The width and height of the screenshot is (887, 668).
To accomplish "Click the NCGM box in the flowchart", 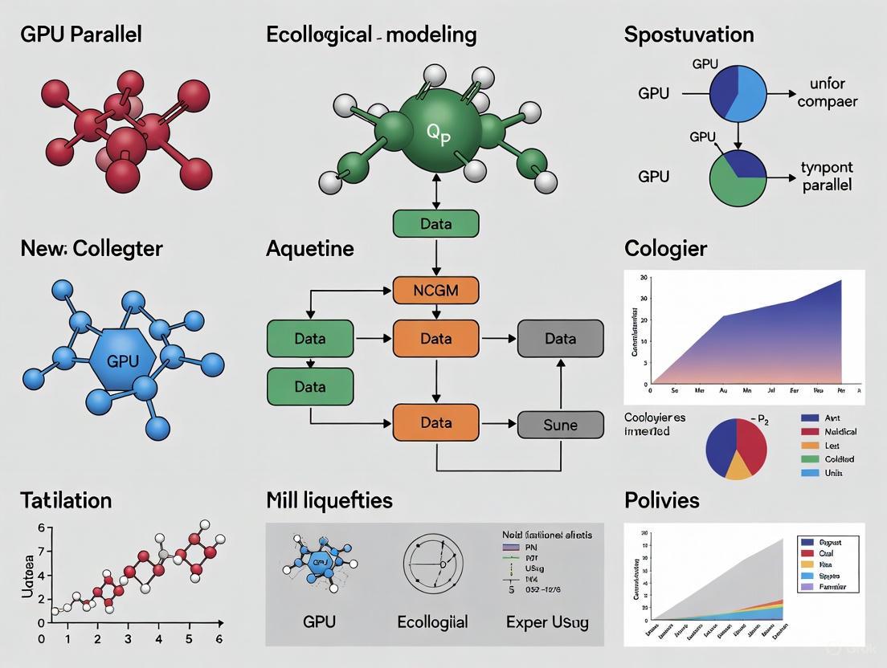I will (x=435, y=290).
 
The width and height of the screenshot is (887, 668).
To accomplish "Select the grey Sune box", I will (x=560, y=425).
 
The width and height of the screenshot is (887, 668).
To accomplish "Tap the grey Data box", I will (x=560, y=339).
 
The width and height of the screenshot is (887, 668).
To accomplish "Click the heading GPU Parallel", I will (x=81, y=35).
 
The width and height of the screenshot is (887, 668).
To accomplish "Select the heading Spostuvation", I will (x=689, y=35).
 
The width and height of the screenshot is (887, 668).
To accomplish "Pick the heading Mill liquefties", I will (x=329, y=500).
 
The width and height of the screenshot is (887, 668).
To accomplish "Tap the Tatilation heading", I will (x=66, y=500).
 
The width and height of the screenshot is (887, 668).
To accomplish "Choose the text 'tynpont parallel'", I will (x=827, y=176).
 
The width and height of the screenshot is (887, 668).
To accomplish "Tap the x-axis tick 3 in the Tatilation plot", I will (x=128, y=640).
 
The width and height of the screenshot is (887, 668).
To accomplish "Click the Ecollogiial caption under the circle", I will (x=432, y=621).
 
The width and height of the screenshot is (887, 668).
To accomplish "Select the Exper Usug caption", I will (x=547, y=621).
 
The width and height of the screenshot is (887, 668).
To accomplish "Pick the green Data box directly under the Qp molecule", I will (x=435, y=224).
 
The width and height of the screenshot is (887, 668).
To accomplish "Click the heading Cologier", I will (x=666, y=249).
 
